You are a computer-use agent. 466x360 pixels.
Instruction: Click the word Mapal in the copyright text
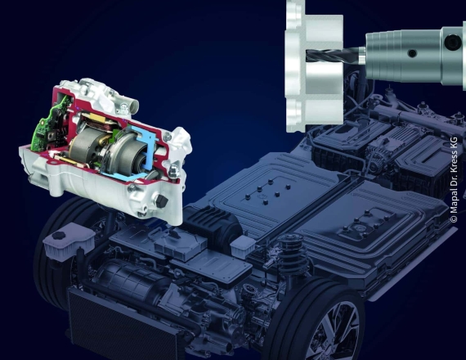pyautogui.click(x=454, y=204)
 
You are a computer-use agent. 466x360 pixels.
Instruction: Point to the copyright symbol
pyautogui.click(x=454, y=219)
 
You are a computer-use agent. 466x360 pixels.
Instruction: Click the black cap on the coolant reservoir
pyautogui.click(x=59, y=236)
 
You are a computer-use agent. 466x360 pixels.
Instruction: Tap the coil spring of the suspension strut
pyautogui.click(x=292, y=254)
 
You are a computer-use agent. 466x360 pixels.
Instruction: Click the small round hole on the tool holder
pyautogui.click(x=412, y=53)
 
